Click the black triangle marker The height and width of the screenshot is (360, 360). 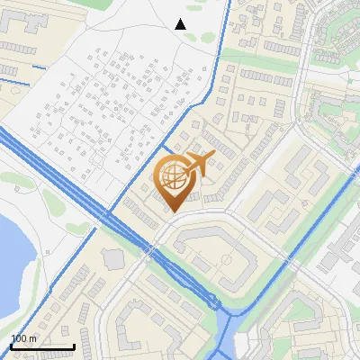click(x=180, y=24)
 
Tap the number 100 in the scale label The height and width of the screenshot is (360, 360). click(x=19, y=338)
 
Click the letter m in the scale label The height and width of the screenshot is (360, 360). click(x=32, y=338)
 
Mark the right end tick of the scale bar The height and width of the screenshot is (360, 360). click(x=74, y=346)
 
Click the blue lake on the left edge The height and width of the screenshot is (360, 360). click(x=11, y=261)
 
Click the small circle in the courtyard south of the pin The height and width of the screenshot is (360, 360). click(x=225, y=260)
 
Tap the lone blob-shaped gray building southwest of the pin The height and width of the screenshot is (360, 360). click(x=113, y=259)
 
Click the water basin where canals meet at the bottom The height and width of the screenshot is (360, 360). click(x=225, y=319)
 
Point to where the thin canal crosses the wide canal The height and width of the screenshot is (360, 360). click(x=109, y=214)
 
